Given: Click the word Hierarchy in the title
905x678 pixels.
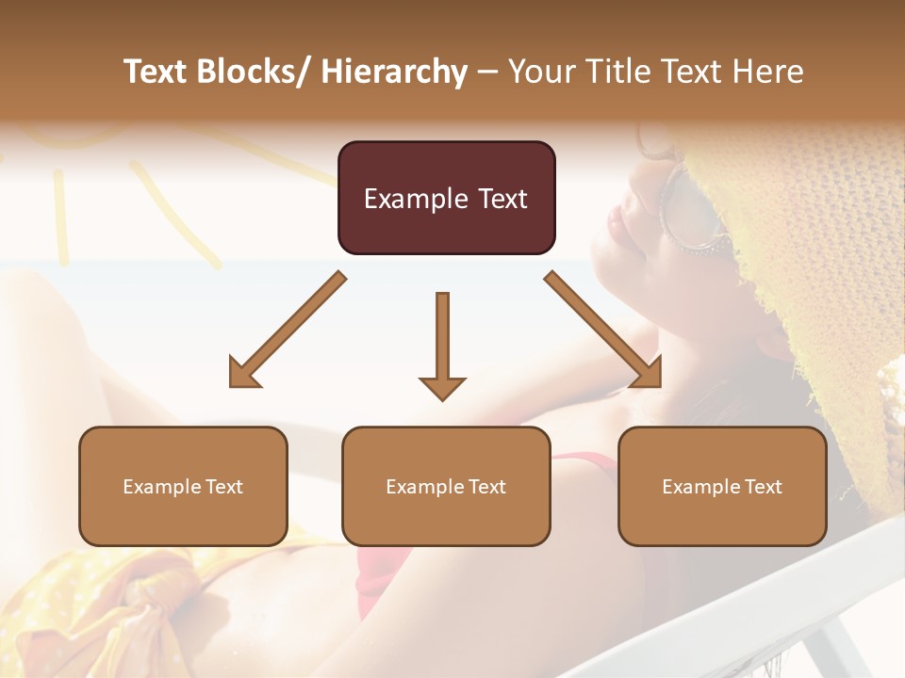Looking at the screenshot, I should click(x=393, y=72).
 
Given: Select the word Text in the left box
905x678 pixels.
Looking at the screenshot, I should click(x=224, y=487).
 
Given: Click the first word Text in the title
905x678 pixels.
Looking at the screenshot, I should click(x=156, y=72).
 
